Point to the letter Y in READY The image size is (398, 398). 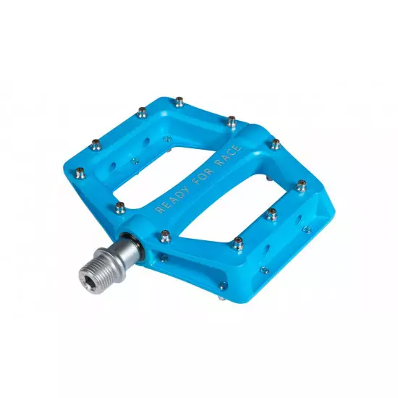coord(186,189)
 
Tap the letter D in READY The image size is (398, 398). coord(179,195)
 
